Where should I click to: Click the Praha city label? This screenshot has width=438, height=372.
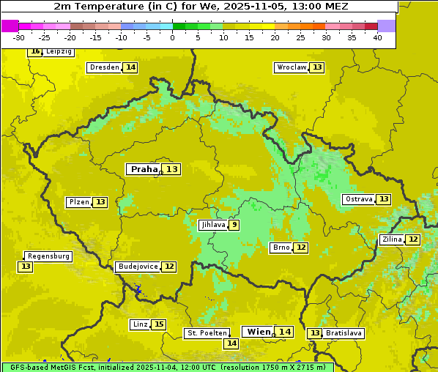point(144,169)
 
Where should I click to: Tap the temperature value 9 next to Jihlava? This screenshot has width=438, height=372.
point(234,225)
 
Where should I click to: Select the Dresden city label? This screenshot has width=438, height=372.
point(104,67)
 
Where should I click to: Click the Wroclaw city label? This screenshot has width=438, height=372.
point(291,67)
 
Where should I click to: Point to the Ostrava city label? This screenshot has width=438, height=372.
point(358,199)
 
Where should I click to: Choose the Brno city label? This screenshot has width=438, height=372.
point(281,248)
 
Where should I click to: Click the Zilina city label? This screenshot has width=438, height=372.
point(392,239)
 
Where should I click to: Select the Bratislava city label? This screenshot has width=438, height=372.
point(344,333)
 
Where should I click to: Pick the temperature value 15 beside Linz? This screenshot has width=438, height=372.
point(159,324)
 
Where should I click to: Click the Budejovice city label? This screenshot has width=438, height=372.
point(137,267)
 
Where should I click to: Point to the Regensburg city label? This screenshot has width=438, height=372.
point(48,256)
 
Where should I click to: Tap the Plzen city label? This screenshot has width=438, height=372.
point(79,202)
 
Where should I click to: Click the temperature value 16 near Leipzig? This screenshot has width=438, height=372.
point(35,51)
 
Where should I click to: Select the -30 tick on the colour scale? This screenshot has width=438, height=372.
point(19,37)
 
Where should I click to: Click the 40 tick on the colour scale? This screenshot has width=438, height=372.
point(376,37)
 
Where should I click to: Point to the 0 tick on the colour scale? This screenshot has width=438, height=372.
point(172,37)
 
